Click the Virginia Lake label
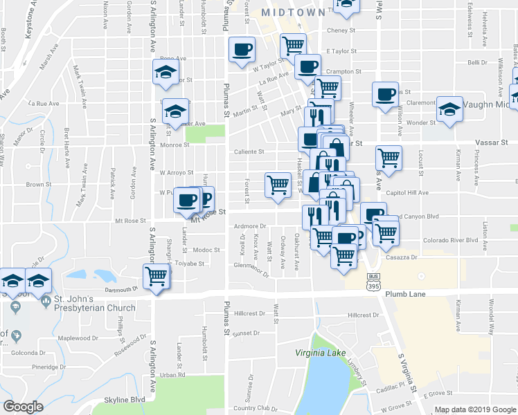pyautogui.click(x=321, y=353)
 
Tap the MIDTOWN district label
pyautogui.click(x=293, y=13)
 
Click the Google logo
pyautogui.click(x=23, y=407)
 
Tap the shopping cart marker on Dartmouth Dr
pyautogui.click(x=157, y=276)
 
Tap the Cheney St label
pyautogui.click(x=341, y=30)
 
